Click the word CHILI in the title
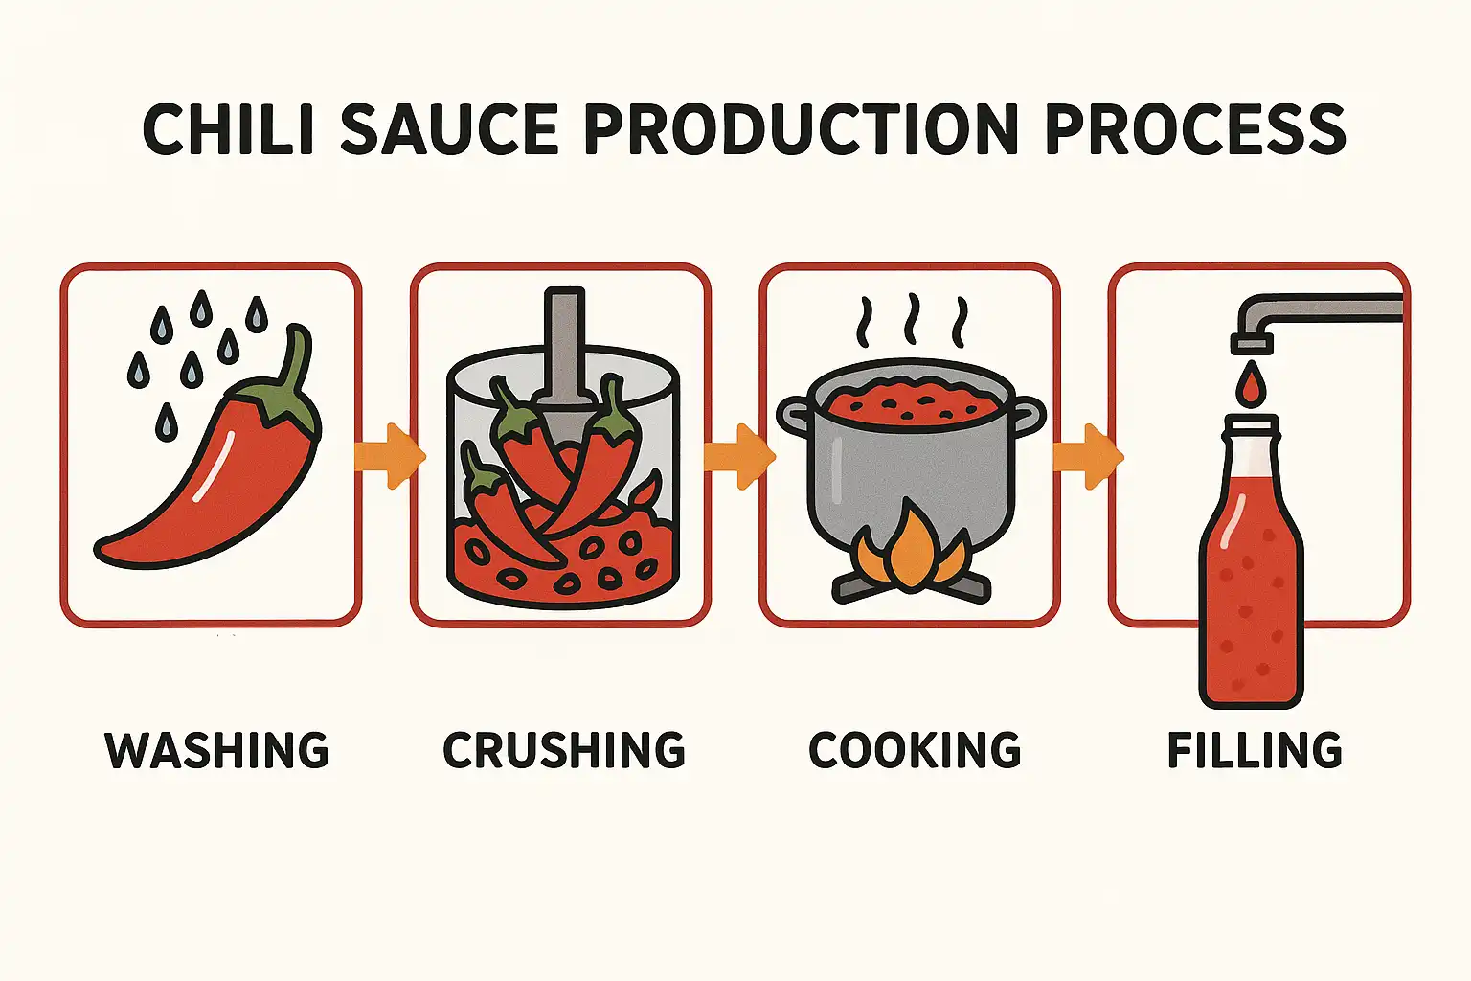pos(227,129)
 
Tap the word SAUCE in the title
pos(449,129)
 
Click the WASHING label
pos(216,750)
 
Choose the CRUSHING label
pos(564,750)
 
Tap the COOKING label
pos(915,750)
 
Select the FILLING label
pos(1255,750)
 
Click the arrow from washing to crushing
pos(390,456)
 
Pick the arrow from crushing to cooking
pos(739,456)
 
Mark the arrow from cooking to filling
pos(1088,456)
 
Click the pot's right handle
pos(1027,416)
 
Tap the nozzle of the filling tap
pos(1252,344)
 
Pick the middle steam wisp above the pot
pos(911,319)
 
